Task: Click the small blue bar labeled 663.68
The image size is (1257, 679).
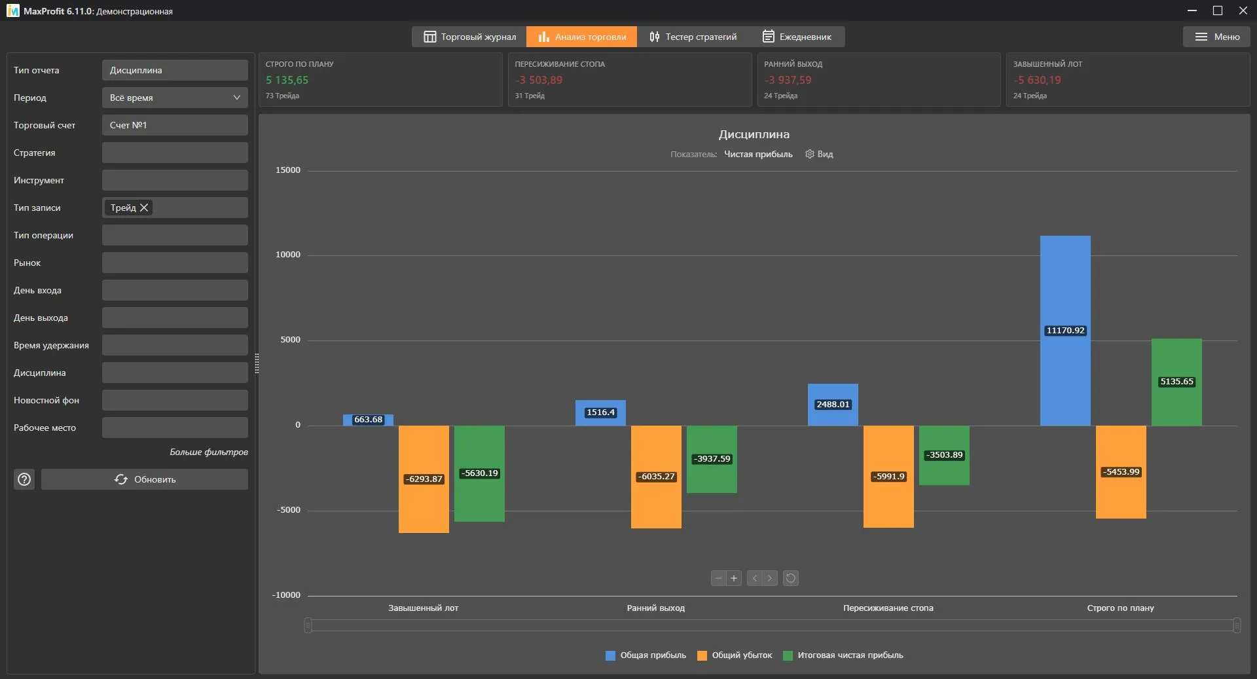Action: [x=368, y=420]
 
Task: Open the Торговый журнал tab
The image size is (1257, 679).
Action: [x=469, y=37]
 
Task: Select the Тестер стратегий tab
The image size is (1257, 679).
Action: [x=693, y=37]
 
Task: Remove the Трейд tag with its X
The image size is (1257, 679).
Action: [x=144, y=208]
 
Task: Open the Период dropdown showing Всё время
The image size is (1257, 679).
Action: [x=175, y=98]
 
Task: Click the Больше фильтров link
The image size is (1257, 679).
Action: [x=209, y=452]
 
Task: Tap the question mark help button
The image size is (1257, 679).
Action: [x=24, y=479]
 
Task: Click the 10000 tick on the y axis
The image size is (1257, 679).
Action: [x=288, y=255]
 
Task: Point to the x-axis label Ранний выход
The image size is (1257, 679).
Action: [x=656, y=608]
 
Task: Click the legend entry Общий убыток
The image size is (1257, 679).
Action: [x=735, y=655]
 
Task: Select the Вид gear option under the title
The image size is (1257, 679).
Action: [x=819, y=154]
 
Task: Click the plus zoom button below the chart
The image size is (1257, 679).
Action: [x=734, y=578]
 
